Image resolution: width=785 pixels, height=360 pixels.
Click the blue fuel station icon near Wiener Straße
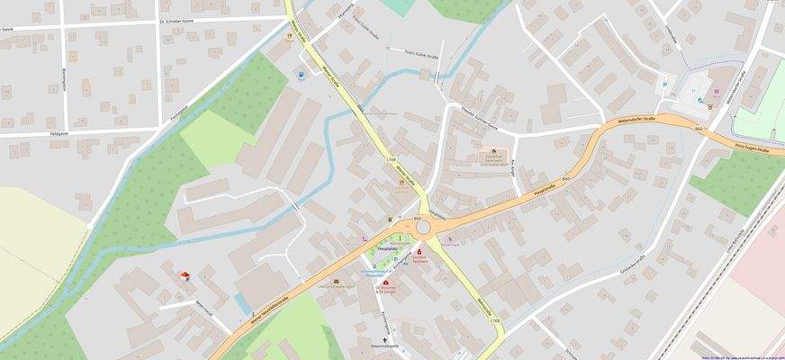coord(302,76)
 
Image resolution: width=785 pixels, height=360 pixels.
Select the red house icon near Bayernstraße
coord(185,275)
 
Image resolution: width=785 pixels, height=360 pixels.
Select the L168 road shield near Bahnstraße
coord(494,321)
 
